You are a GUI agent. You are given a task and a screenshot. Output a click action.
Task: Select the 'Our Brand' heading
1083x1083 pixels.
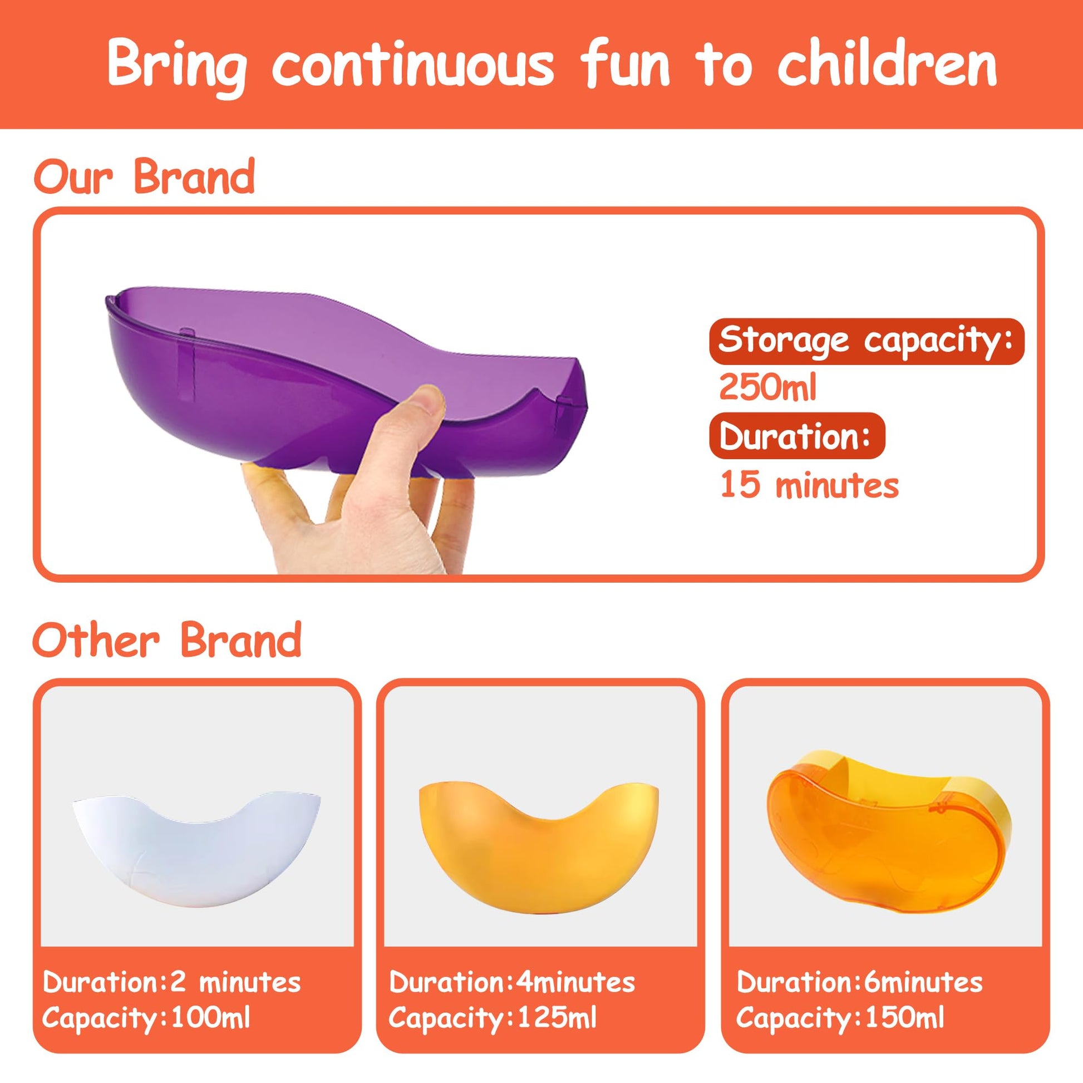[144, 176]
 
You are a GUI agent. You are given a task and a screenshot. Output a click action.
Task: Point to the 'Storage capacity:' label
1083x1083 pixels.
[865, 341]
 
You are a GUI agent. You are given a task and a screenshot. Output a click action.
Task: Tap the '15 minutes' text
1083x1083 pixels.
[809, 484]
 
